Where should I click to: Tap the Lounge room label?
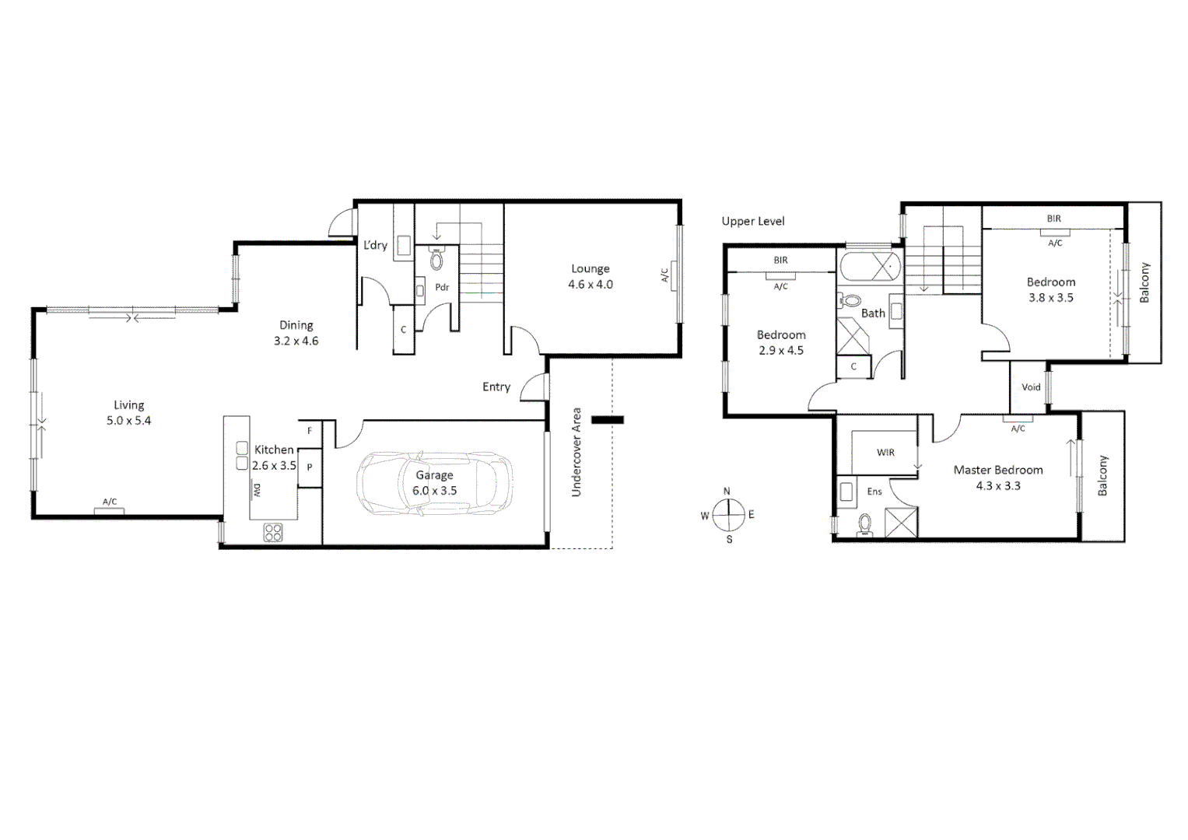pos(590,269)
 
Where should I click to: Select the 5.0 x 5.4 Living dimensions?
pos(129,421)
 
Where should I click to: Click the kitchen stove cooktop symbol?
pos(273,533)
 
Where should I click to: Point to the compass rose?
pos(727,515)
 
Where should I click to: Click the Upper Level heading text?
pos(752,222)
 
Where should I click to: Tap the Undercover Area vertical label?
pos(576,452)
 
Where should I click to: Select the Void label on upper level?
pos(1031,387)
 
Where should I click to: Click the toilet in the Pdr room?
pos(436,260)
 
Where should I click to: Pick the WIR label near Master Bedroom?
pos(885,453)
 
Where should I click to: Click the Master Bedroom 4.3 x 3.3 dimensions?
pos(998,486)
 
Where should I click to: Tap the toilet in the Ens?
pos(864,527)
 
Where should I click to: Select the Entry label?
pos(496,387)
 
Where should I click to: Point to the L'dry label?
pos(375,245)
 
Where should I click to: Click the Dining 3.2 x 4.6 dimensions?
pos(296,341)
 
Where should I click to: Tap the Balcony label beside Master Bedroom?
pos(1102,476)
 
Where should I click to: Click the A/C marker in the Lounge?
pos(664,276)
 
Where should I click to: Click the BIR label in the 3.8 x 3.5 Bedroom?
pos(1053,219)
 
